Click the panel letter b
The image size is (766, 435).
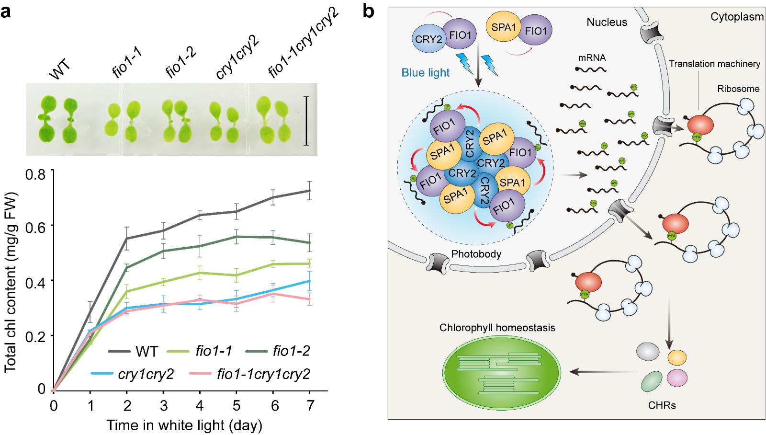[368, 11]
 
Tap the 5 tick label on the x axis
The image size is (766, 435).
[237, 406]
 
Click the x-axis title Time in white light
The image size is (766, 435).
[184, 425]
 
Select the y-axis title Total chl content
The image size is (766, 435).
[11, 283]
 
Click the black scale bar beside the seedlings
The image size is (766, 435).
[306, 120]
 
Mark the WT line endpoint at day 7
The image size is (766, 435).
[310, 191]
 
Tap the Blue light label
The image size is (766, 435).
[425, 73]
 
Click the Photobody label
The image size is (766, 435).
[476, 254]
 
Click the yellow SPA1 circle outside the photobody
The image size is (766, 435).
[503, 27]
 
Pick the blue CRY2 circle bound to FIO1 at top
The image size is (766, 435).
[428, 39]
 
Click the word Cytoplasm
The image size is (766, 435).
[737, 17]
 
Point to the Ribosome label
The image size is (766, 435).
[738, 89]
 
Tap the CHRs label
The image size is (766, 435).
[662, 405]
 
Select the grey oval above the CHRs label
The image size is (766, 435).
[648, 352]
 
